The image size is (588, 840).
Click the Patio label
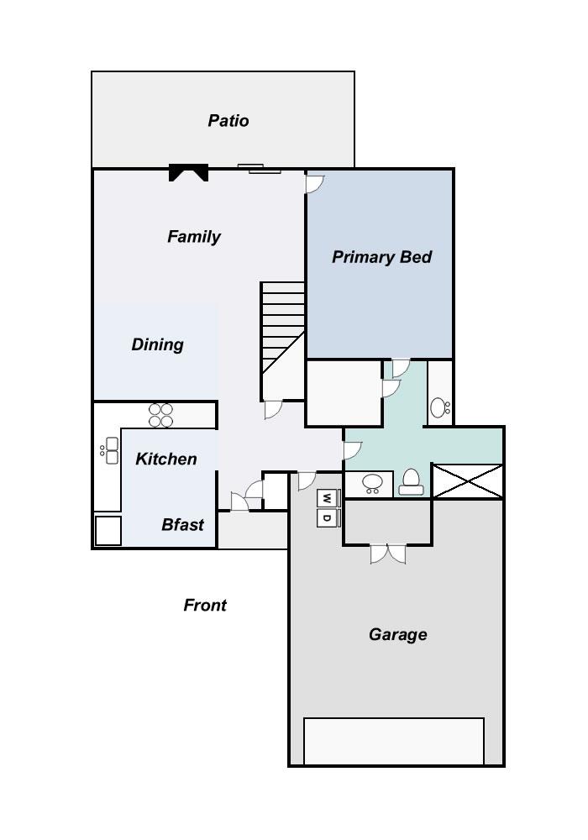[x=228, y=121]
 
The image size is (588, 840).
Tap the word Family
[x=194, y=237]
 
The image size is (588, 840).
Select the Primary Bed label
[x=381, y=257]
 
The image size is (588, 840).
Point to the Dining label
[x=157, y=344]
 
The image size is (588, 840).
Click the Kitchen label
[x=166, y=459]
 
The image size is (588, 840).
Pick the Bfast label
[x=182, y=525]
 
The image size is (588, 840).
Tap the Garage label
[x=397, y=635]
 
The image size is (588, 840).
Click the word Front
[x=205, y=605]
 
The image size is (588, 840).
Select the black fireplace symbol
[x=188, y=172]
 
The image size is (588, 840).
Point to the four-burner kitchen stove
[x=160, y=415]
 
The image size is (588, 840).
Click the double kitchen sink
[x=109, y=451]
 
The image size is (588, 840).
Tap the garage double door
[x=388, y=554]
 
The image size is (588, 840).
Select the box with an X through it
[x=467, y=481]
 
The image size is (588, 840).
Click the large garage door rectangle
[x=393, y=740]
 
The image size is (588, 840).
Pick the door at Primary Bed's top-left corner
[x=314, y=182]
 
